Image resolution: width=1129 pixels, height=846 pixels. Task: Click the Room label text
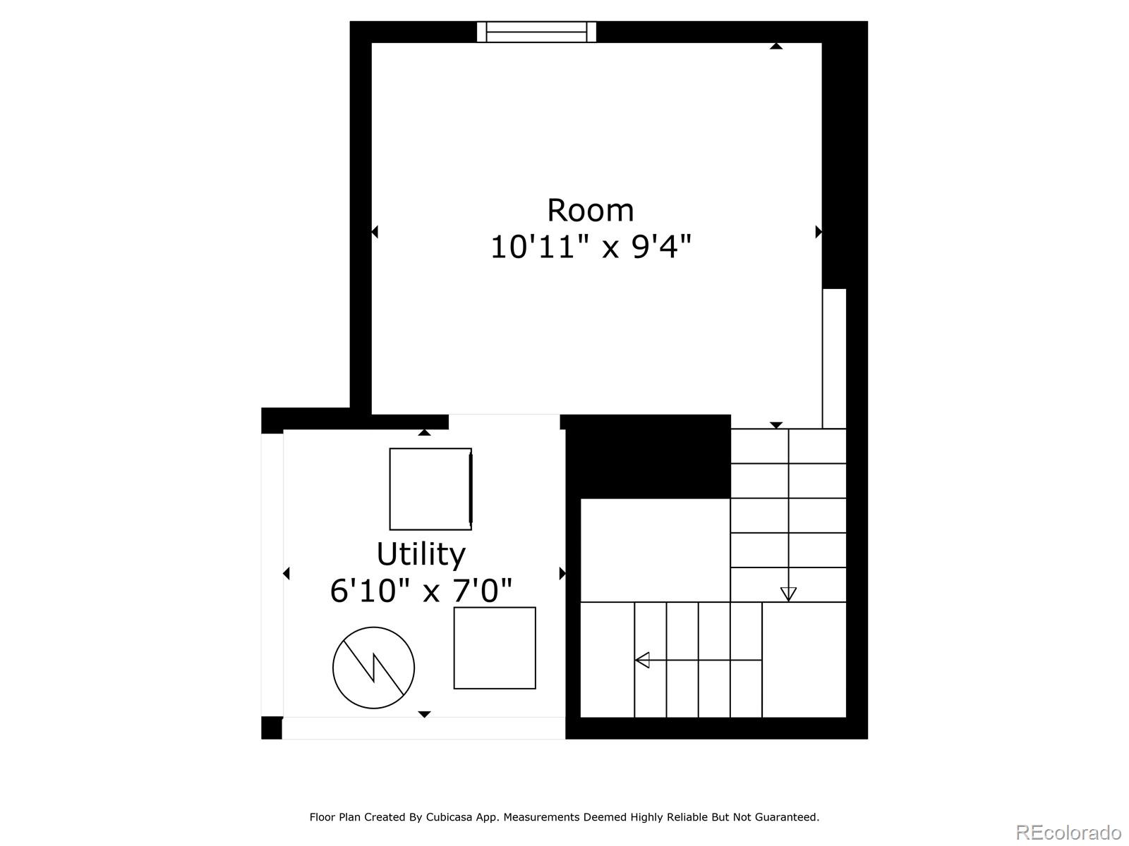click(x=590, y=211)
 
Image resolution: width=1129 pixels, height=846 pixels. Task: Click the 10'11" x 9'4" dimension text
click(x=590, y=247)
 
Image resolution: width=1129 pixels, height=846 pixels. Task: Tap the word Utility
click(x=421, y=554)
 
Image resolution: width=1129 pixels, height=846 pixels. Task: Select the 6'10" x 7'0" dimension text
click(x=421, y=591)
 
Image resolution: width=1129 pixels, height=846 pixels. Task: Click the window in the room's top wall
click(x=536, y=32)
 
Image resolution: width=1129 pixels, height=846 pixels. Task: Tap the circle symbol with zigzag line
click(x=373, y=668)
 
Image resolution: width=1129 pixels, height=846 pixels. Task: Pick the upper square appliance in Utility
click(x=430, y=489)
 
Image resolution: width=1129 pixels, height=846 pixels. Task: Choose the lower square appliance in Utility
click(x=495, y=648)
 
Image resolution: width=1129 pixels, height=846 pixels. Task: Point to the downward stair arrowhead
click(x=788, y=594)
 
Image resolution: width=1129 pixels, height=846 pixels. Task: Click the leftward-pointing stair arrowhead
click(x=642, y=661)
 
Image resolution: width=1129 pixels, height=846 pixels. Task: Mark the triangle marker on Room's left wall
click(x=375, y=231)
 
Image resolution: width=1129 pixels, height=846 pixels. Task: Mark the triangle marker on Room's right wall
click(x=819, y=231)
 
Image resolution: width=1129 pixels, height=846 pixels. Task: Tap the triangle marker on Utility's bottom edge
click(x=424, y=714)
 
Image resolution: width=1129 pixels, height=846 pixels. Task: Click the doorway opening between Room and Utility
click(x=504, y=422)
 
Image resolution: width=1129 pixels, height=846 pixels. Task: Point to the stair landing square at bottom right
click(x=804, y=660)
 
